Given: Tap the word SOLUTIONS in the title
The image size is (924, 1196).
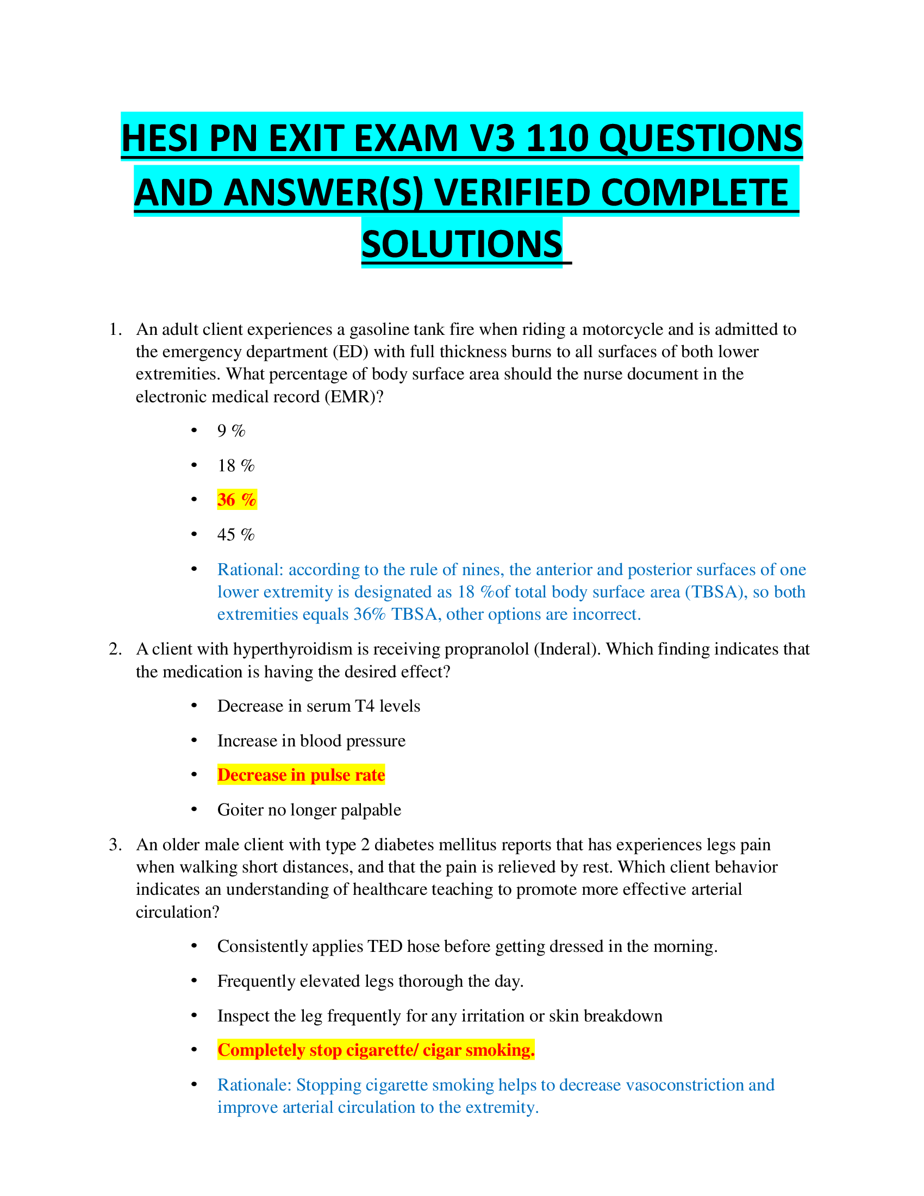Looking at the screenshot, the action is pos(461,244).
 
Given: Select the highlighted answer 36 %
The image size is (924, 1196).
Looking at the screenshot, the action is pos(236,500).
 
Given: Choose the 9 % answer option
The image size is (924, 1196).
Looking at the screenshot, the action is pos(231,431).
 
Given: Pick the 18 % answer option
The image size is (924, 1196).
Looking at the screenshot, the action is pos(236,465).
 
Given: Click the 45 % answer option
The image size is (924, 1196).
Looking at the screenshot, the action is pos(236,534).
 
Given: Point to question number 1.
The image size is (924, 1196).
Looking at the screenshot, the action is pos(115,329).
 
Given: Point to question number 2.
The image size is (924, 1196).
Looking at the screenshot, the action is pos(115,649).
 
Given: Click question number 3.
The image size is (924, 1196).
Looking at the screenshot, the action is pos(115,844).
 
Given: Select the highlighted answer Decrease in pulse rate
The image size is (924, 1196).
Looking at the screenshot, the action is pos(301,775).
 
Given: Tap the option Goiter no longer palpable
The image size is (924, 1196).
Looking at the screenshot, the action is pos(309,809).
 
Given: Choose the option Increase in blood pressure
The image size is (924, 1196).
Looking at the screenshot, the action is pos(311,740).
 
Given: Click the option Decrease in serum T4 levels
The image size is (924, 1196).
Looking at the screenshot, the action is pos(319,706).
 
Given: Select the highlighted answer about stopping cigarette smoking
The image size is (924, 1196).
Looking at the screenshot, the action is pos(376,1050).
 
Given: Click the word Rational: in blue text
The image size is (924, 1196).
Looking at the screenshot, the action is pos(250,570).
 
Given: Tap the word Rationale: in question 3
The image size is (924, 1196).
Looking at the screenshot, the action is pos(254,1085).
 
